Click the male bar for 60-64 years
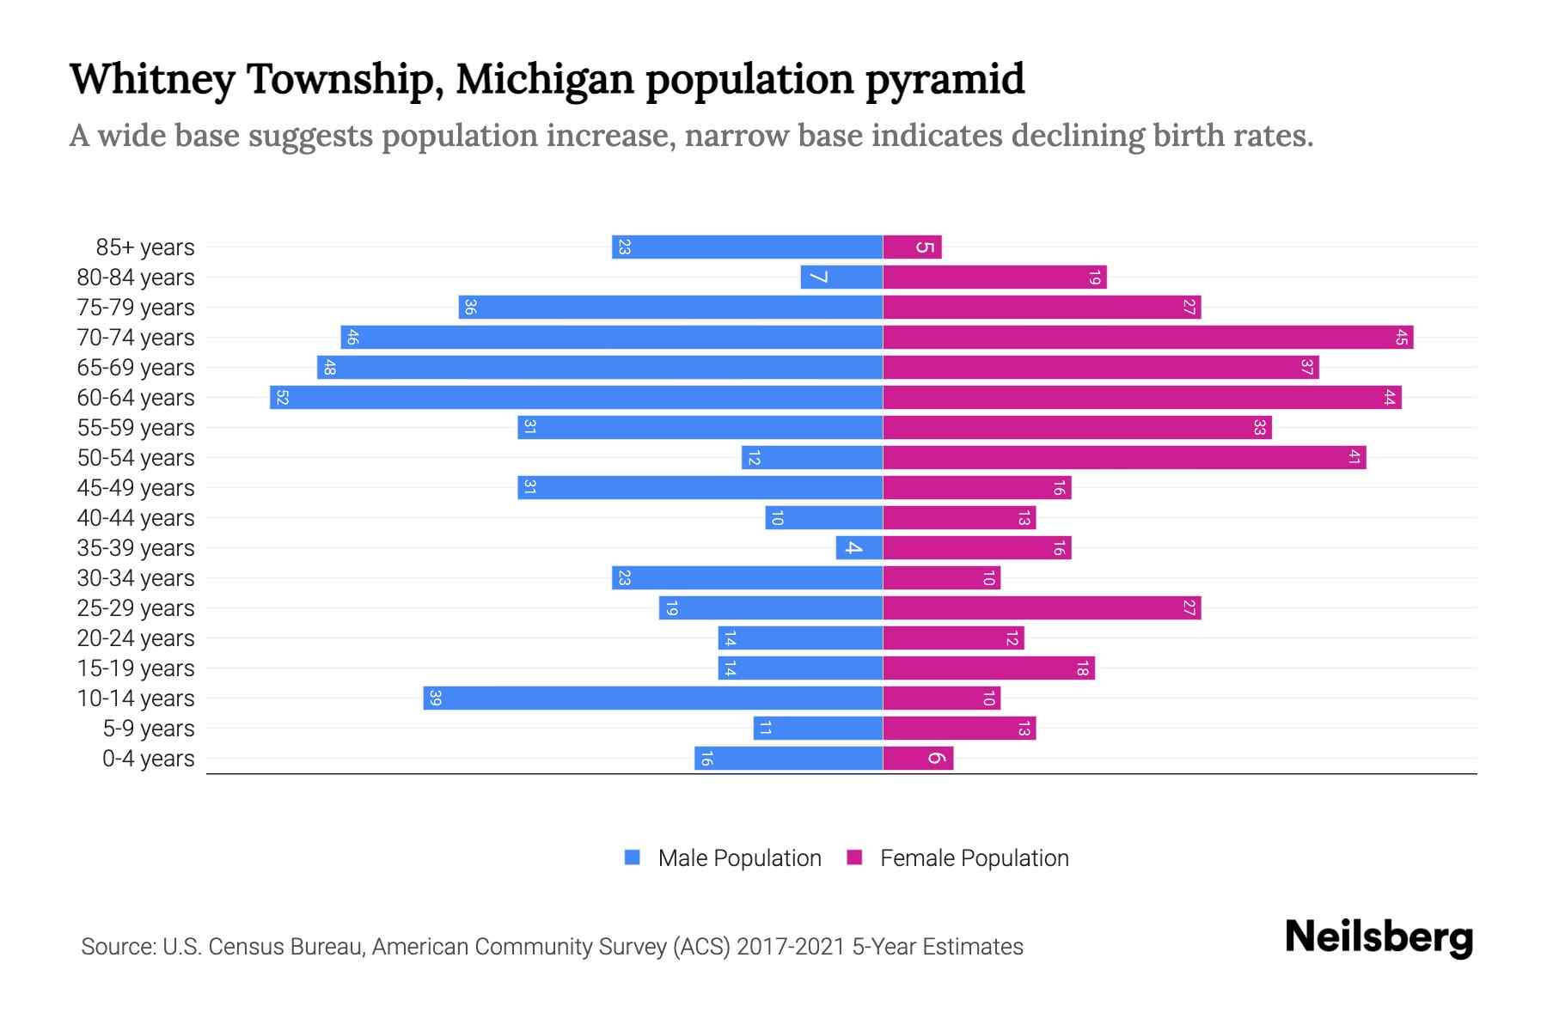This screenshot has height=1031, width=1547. pos(576,397)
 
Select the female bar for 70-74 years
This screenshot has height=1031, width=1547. pos(1147,337)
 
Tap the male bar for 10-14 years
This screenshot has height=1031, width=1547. pos(653,698)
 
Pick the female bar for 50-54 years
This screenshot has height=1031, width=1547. pos(1124,457)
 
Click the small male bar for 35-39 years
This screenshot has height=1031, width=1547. pos(859,547)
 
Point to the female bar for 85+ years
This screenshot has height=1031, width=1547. pos(912,247)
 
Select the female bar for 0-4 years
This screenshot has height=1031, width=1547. pos(918,758)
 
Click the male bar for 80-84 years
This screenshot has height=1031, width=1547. pos(841,277)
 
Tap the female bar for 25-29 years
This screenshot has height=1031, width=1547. pos(1042,607)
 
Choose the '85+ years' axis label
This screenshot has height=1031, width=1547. pos(144,247)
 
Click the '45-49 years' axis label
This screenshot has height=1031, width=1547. pos(136,488)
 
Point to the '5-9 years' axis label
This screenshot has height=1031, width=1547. pos(148,729)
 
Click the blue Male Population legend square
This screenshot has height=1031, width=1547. pos(633,857)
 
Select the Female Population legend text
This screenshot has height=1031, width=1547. pos(974,857)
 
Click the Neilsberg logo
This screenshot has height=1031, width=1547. pos(1379,937)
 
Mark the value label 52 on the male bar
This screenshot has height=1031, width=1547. pos(282,397)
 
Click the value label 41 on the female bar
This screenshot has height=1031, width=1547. pos(1354,457)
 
